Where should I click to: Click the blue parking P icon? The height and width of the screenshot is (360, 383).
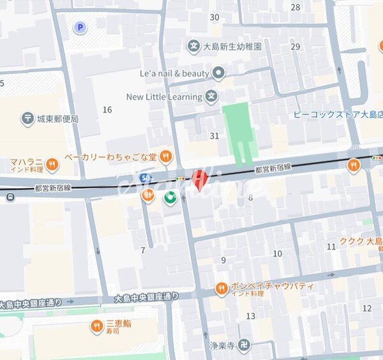80,27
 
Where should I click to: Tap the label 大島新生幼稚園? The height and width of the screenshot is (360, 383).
232,46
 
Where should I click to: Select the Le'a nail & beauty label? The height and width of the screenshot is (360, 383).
174,73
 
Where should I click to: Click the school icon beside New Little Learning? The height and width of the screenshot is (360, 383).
212,97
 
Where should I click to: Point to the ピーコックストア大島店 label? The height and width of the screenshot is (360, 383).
338,115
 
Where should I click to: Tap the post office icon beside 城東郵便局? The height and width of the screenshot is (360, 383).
27,119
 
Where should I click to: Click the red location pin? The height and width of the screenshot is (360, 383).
200,179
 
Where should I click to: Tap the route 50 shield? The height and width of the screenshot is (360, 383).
146,177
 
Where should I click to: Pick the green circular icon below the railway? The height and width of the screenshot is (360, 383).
170,198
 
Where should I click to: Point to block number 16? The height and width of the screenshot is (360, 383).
107,110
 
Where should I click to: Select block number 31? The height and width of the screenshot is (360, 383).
214,136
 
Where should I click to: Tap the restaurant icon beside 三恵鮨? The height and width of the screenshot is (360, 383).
97,327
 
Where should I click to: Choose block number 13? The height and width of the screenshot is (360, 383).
251,316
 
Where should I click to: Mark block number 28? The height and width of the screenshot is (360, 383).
295,8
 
